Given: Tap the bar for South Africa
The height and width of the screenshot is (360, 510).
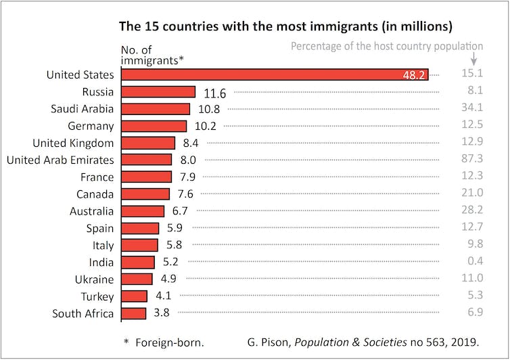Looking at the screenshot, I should (133, 313).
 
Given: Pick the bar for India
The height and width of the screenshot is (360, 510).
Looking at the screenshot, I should (137, 262).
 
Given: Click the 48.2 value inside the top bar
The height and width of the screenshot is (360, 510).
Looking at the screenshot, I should (414, 75).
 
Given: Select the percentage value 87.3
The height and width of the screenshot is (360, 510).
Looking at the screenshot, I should (471, 160).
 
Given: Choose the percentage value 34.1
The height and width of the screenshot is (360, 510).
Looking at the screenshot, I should (471, 108).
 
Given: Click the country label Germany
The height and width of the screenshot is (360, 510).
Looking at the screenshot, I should (91, 126).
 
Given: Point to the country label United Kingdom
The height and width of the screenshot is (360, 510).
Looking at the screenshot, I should (74, 143).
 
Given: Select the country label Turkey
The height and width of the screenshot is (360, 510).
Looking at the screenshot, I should (95, 296).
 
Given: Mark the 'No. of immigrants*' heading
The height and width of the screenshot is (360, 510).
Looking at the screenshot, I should (152, 55).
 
